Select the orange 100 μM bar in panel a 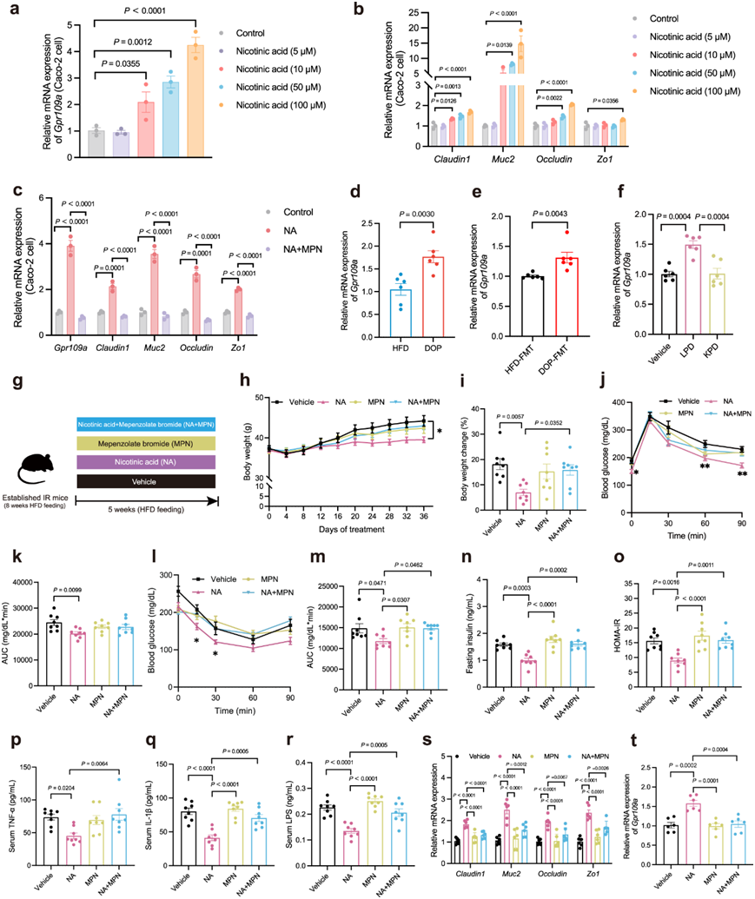point(197,88)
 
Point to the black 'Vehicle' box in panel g point(142,480)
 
